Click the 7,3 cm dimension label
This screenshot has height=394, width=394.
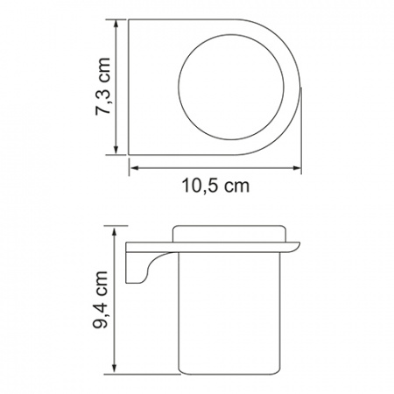pos(102,87)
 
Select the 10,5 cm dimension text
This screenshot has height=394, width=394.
pos(216,186)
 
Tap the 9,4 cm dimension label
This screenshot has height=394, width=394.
pos(101,299)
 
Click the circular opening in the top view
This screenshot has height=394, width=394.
pos(231,87)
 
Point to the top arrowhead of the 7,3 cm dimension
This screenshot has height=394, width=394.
pos(116,24)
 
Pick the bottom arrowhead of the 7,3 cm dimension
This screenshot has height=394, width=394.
pos(116,150)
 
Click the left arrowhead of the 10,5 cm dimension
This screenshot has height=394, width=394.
pos(134,168)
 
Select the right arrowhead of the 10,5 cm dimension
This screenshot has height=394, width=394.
pos(297,168)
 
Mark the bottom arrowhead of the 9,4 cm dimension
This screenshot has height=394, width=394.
pos(115,369)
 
